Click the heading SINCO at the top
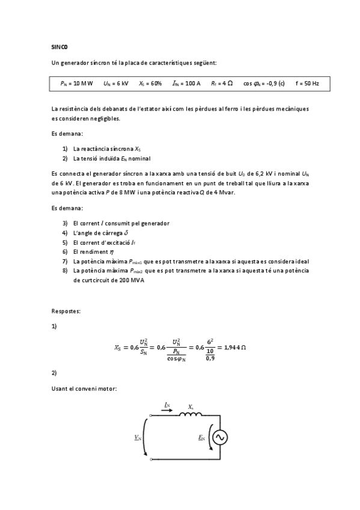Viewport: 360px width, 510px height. (x=60, y=46)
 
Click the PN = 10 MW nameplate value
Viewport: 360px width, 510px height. (x=77, y=84)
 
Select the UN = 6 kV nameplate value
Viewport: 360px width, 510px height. (x=115, y=84)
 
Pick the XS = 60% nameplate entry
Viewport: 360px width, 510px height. (x=150, y=84)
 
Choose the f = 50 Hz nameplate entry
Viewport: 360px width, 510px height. (x=307, y=84)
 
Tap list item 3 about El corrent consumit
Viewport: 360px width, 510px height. (x=121, y=223)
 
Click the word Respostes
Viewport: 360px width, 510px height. (x=66, y=311)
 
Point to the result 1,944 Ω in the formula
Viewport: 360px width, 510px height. (x=233, y=347)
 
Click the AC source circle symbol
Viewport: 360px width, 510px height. (x=219, y=438)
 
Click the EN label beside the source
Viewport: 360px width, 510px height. (x=201, y=438)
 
